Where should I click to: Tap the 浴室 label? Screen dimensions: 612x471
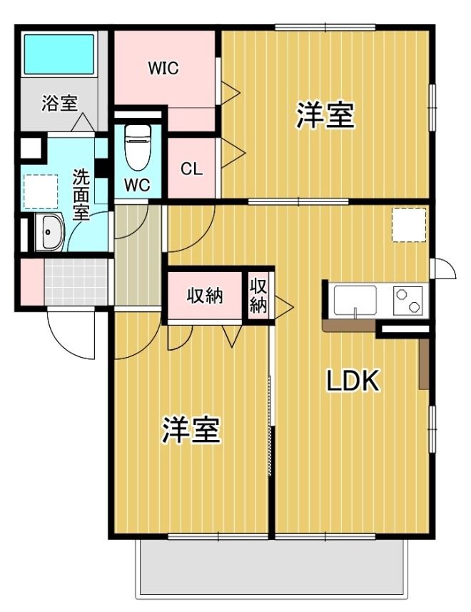pyautogui.click(x=59, y=104)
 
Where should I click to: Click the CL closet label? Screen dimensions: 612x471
pyautogui.click(x=191, y=169)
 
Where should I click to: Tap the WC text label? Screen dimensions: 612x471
pyautogui.click(x=137, y=184)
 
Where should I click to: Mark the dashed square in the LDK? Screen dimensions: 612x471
pyautogui.click(x=409, y=225)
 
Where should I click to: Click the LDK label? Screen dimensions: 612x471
pyautogui.click(x=352, y=381)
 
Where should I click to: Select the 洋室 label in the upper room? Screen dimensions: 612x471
pyautogui.click(x=325, y=116)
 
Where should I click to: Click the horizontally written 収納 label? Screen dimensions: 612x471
pyautogui.click(x=206, y=296)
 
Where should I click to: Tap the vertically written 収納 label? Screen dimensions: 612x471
pyautogui.click(x=258, y=296)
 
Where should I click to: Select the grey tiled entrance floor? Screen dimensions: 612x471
pyautogui.click(x=76, y=282)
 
